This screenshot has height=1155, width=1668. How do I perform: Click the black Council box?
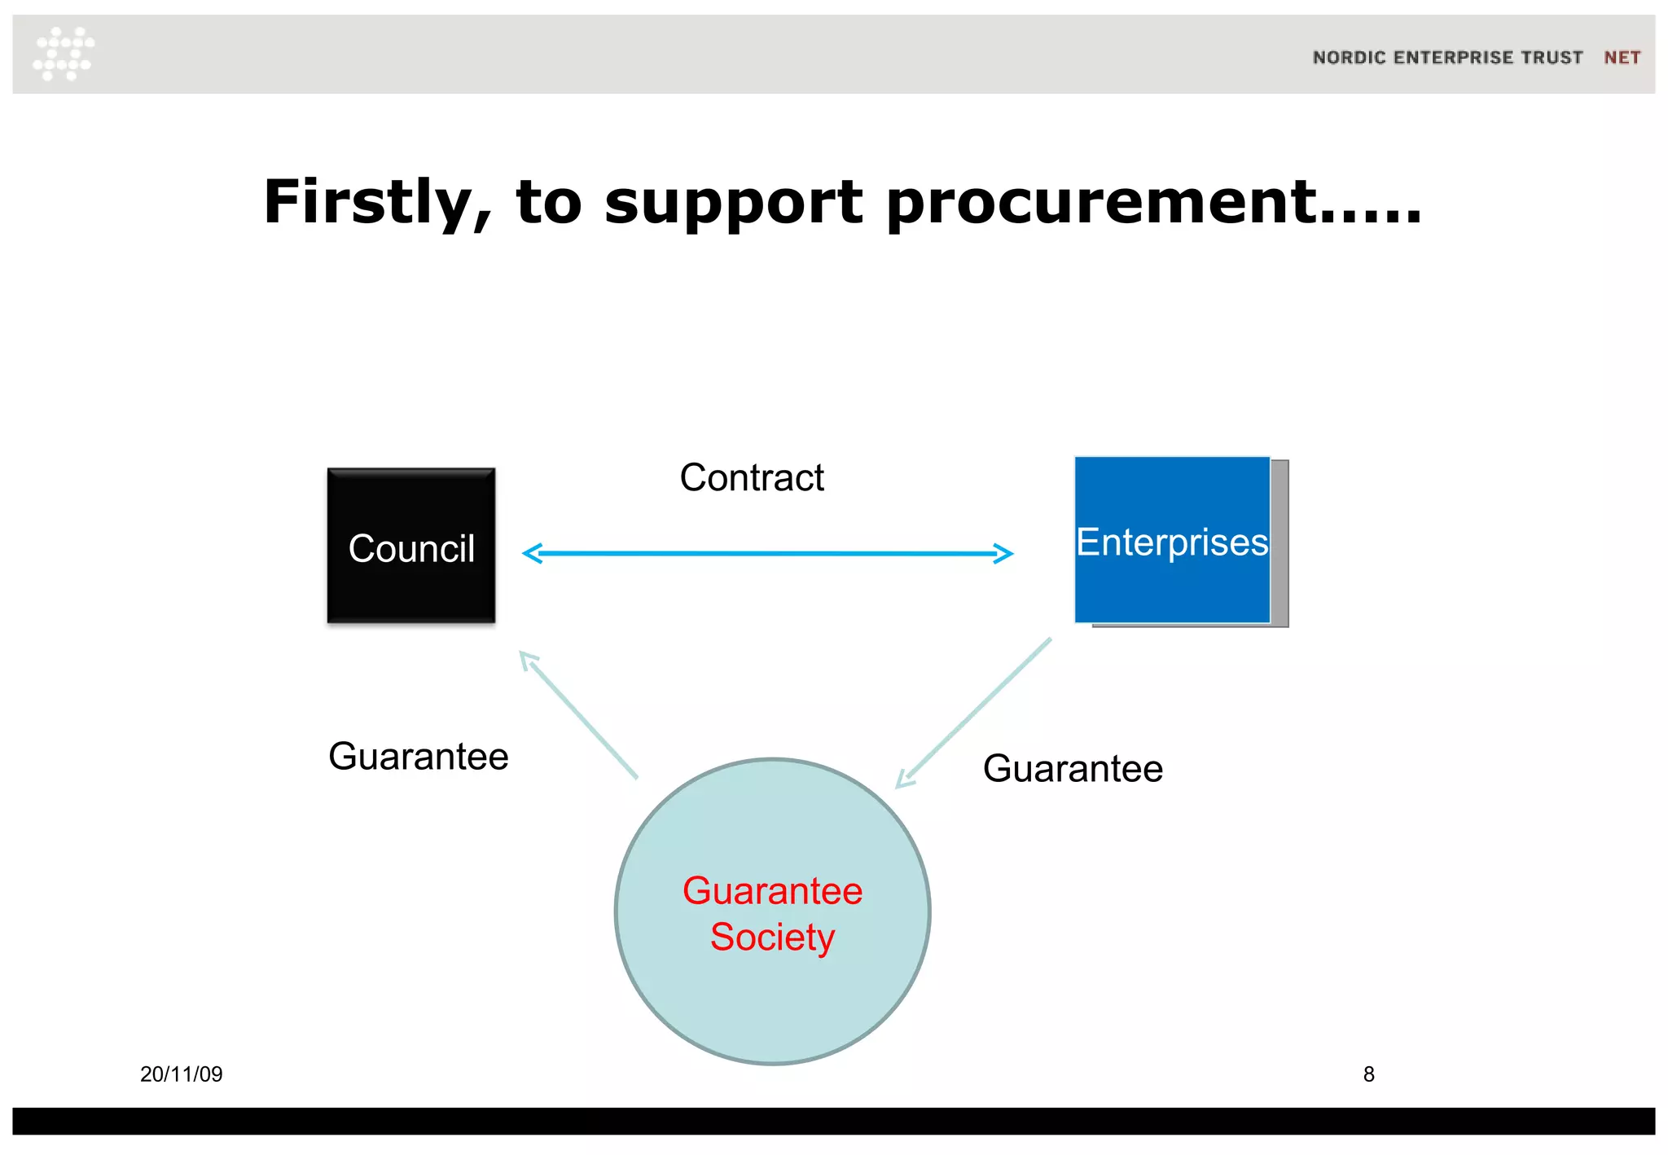pos(410,545)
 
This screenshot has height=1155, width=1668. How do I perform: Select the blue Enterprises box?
pos(1172,541)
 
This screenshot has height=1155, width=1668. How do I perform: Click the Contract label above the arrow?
pos(752,477)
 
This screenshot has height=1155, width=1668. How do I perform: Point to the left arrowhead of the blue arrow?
pos(531,554)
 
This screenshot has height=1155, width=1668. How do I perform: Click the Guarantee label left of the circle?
pos(419,757)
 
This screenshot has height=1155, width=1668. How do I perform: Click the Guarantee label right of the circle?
pos(1073,769)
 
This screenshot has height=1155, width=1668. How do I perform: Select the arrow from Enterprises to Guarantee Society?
pos(974,714)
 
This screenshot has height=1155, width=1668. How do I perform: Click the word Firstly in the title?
pos(377,203)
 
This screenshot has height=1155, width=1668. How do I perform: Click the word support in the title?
pos(733,203)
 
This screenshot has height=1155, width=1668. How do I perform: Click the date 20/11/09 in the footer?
pos(181,1074)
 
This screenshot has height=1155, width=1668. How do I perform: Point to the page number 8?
pos(1368,1074)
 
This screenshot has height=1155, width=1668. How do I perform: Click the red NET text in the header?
pos(1622,58)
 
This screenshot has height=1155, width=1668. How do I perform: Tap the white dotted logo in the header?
pos(64,54)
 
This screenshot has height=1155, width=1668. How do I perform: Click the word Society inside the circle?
pos(772,937)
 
